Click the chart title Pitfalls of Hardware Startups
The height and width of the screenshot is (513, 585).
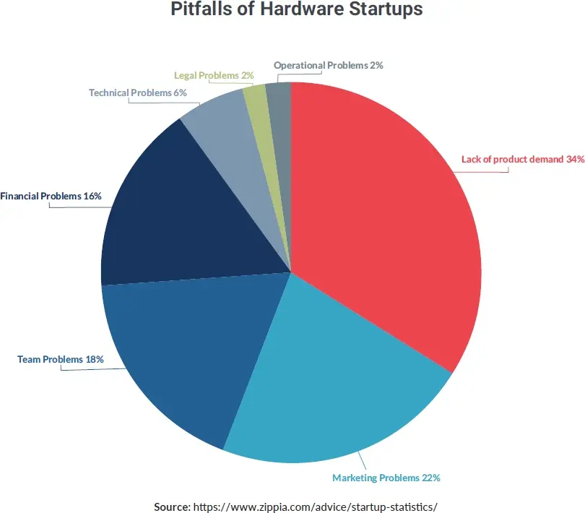296,10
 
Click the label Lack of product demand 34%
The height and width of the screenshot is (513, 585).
522,160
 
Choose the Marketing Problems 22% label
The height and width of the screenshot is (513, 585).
386,478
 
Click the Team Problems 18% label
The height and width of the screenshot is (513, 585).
61,359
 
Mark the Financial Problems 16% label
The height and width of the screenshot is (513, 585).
51,196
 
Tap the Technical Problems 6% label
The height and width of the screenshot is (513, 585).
137,92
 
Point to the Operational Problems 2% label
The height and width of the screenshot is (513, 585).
328,65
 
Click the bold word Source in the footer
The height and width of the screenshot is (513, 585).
172,506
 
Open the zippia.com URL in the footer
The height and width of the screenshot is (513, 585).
316,506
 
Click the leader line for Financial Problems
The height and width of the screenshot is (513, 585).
79,207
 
